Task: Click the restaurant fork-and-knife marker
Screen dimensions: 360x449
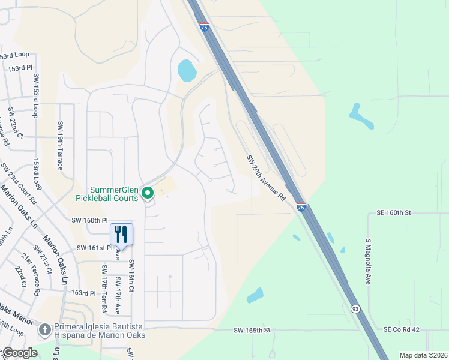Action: (121, 234)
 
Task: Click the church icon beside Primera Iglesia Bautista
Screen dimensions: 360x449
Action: (44, 329)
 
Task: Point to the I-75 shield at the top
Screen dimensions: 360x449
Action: (205, 27)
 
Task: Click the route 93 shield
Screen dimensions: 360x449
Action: (356, 308)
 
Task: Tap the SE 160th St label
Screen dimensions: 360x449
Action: (394, 212)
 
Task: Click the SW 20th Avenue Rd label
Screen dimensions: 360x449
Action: (265, 178)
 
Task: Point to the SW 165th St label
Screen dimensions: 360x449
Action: (253, 331)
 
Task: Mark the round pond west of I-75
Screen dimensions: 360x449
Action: (187, 71)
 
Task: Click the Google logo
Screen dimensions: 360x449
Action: (19, 353)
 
